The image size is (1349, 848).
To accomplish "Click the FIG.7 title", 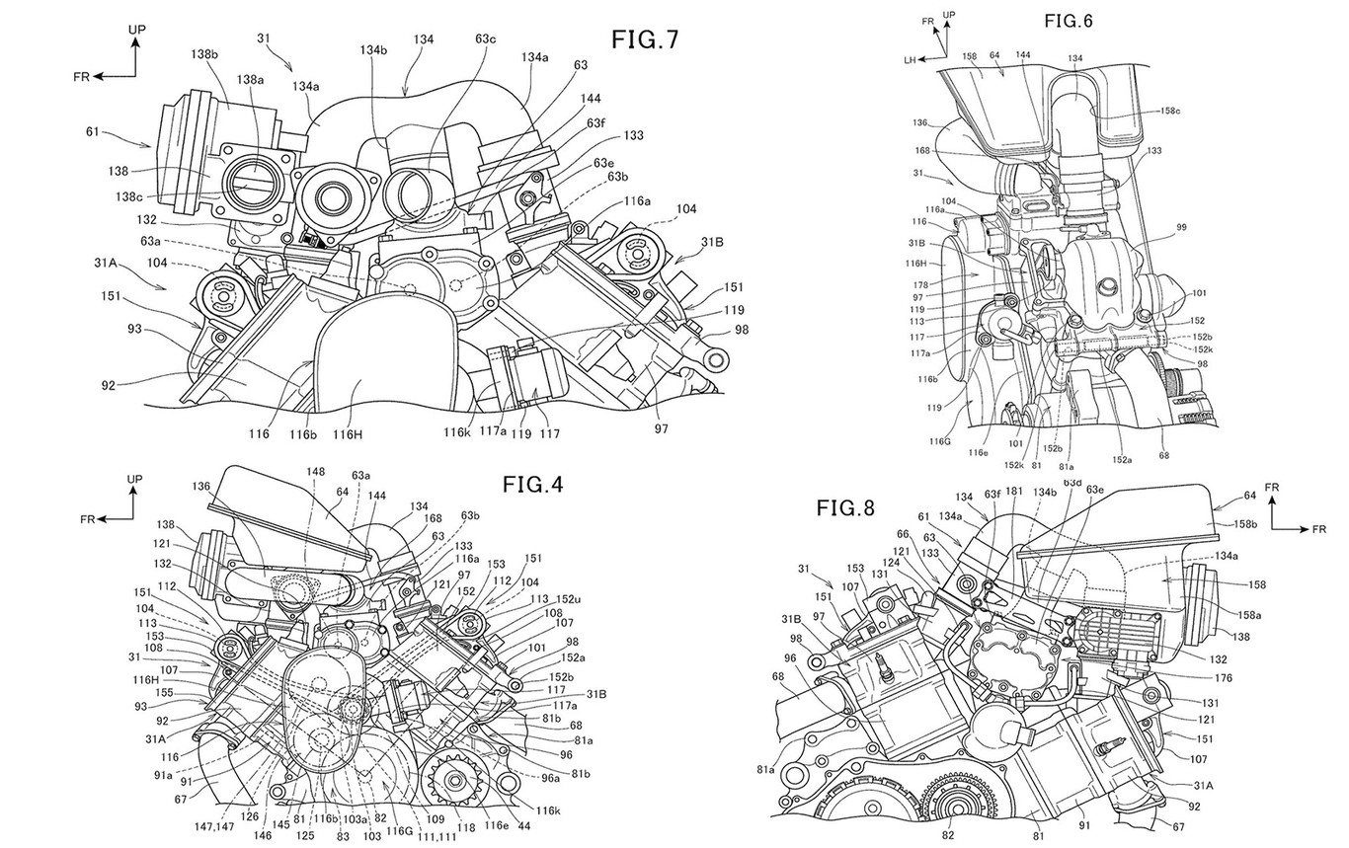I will [644, 40].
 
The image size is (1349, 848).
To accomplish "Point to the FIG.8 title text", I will [846, 508].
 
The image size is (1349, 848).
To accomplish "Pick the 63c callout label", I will [485, 39].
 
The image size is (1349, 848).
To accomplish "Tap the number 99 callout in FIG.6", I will [1182, 228].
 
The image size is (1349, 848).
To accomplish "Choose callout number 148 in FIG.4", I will [314, 472].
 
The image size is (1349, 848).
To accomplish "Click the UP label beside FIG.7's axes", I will [137, 32].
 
